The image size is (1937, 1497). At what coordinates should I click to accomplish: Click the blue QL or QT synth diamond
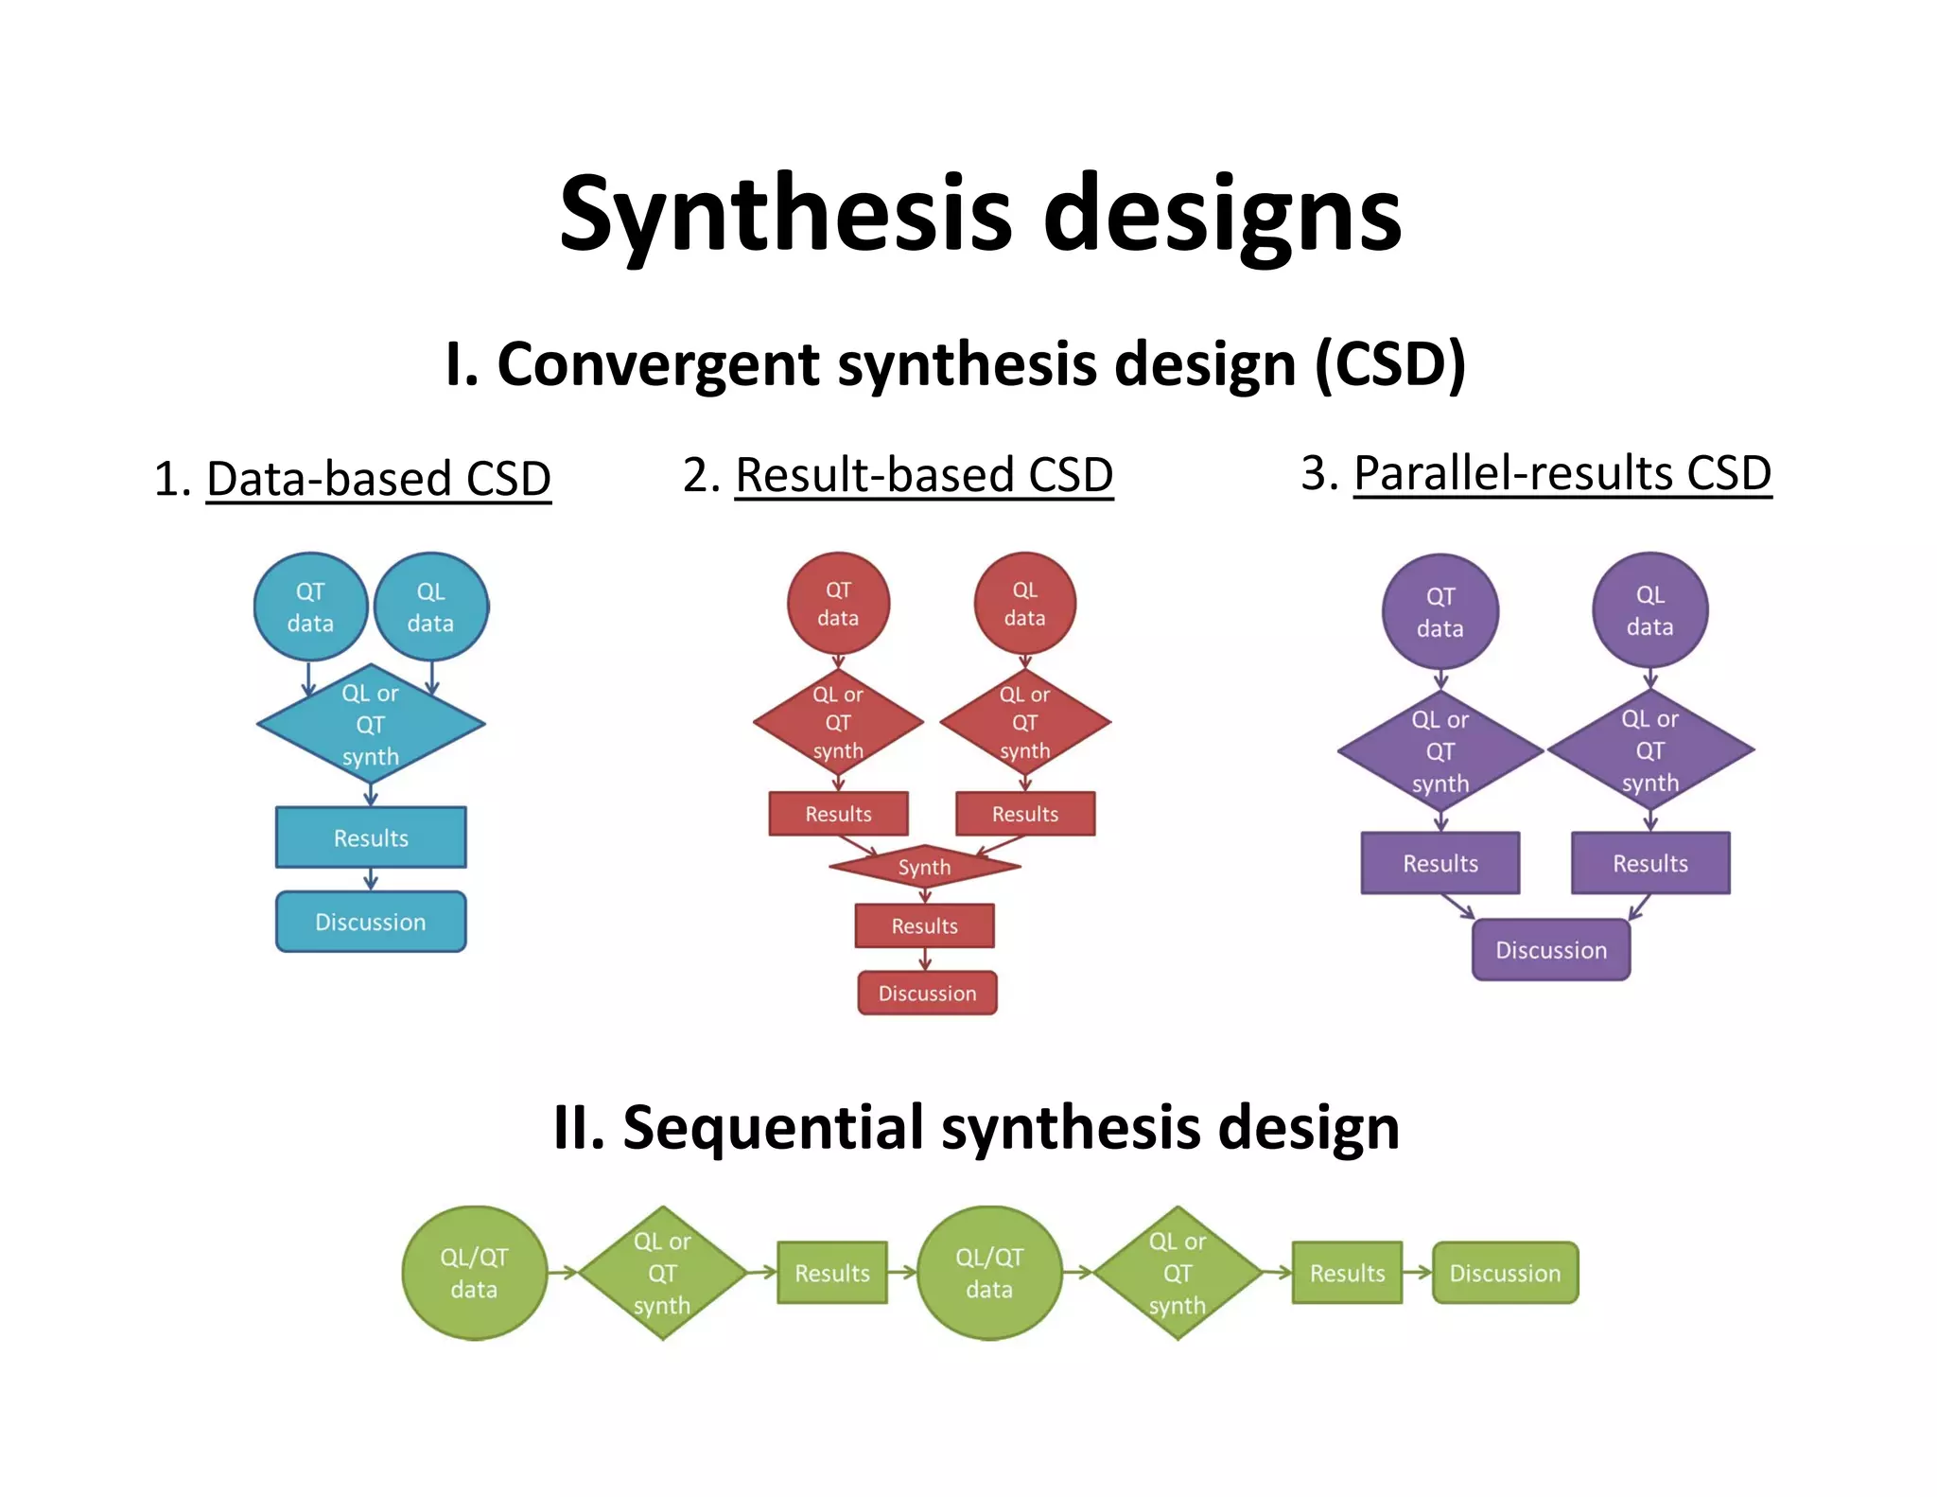371,725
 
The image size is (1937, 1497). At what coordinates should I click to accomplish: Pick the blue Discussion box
371,922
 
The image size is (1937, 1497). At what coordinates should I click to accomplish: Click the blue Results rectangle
371,837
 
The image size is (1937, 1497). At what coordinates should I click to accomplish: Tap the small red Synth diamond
924,867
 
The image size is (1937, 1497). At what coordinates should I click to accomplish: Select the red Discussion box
927,994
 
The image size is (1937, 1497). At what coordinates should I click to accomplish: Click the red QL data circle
1024,604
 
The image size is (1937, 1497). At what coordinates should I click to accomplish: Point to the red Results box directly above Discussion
924,925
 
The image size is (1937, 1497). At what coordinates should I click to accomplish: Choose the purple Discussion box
1551,950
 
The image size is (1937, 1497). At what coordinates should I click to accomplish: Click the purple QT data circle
1440,612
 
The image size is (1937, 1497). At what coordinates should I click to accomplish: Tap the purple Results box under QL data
1650,863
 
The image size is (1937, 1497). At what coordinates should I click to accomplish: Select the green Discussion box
1505,1273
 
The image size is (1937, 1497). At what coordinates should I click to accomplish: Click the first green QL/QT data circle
474,1273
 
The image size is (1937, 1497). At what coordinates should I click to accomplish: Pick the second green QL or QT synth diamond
1178,1273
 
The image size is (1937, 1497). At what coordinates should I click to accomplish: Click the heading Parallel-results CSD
1562,473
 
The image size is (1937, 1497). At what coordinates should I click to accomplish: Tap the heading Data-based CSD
378,478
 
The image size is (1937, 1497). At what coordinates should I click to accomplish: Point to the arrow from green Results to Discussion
1417,1273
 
